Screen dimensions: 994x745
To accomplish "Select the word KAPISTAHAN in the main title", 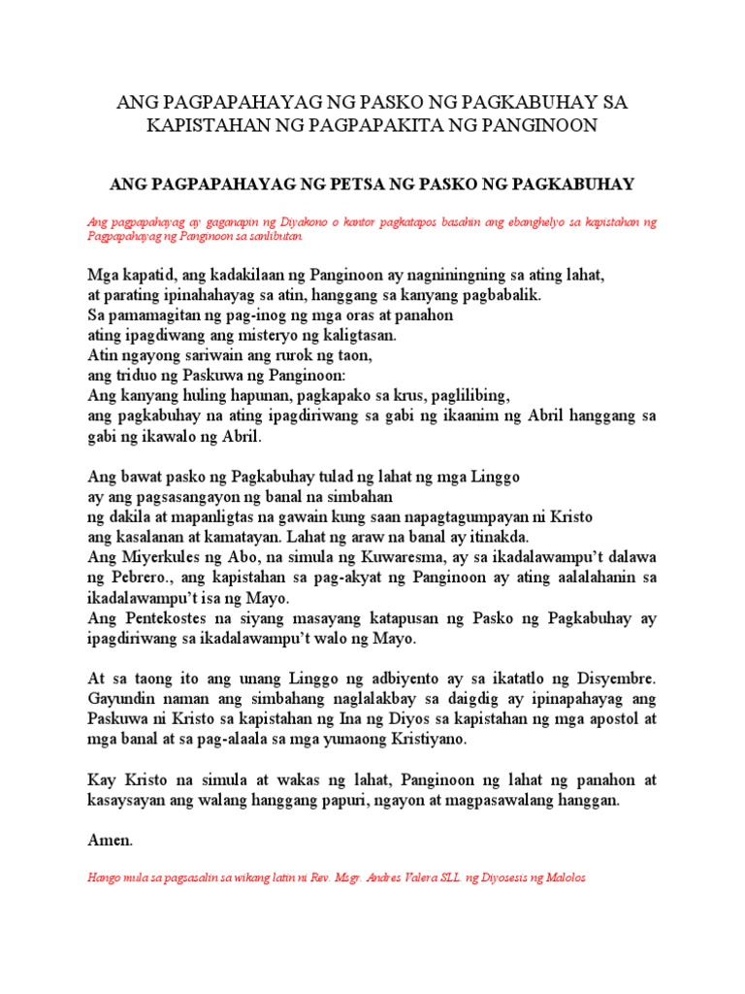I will (x=207, y=125).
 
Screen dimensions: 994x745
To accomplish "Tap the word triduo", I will (x=136, y=376).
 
